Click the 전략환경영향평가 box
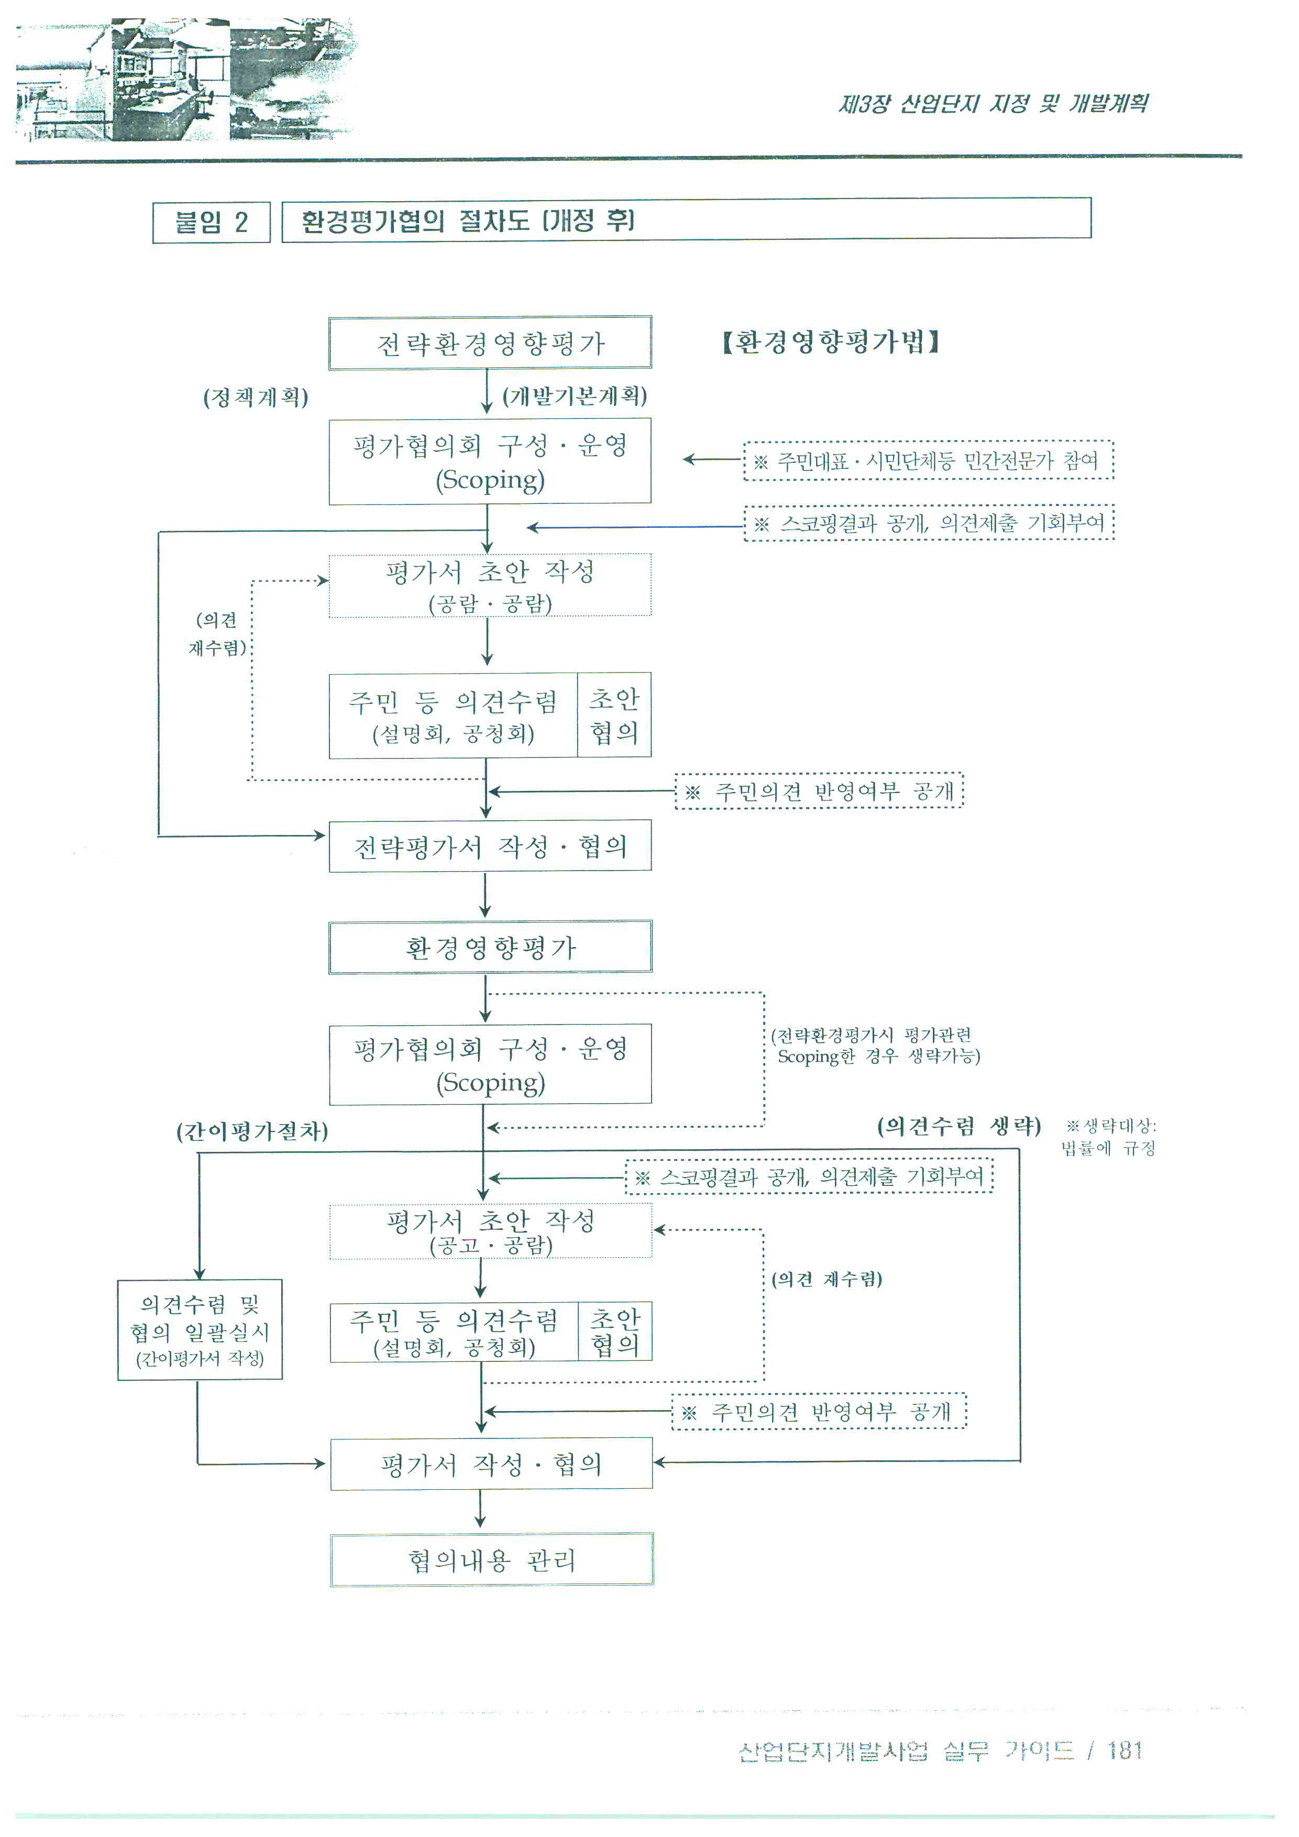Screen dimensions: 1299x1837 [x=490, y=343]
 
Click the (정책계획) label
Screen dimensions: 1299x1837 [x=256, y=398]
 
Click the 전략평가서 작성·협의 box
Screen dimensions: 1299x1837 [x=490, y=846]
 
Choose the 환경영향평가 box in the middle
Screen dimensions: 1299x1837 [x=490, y=947]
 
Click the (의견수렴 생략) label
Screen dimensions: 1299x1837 [x=959, y=1127]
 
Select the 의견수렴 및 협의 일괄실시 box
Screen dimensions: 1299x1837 [x=200, y=1330]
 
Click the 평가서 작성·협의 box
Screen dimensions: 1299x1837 [x=491, y=1464]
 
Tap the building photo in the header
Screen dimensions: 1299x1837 [x=185, y=80]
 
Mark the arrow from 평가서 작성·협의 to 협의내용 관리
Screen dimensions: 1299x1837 [x=480, y=1510]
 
